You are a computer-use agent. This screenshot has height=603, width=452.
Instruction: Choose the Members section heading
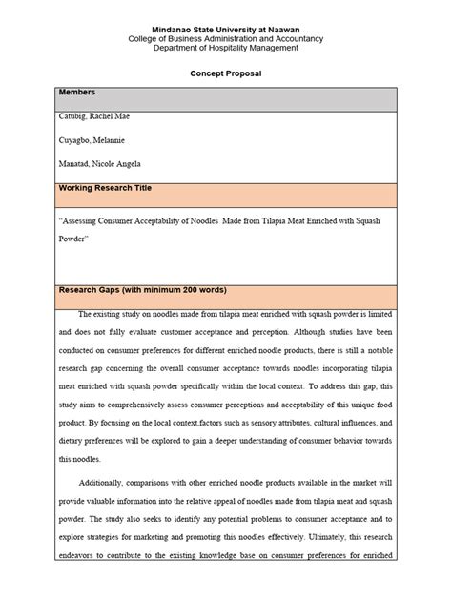[x=78, y=93]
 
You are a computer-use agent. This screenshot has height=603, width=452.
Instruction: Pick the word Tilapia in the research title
[x=268, y=218]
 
